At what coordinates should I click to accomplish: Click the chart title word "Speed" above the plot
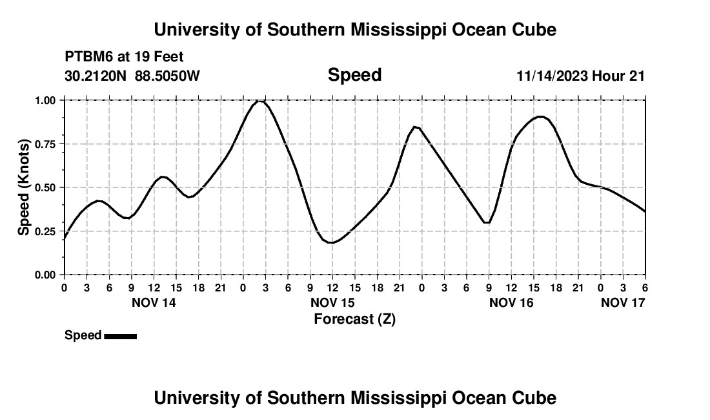point(354,75)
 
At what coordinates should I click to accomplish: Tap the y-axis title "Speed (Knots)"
point(24,187)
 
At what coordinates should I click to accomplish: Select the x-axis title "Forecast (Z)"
point(354,319)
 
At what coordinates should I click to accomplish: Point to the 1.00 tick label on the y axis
point(46,100)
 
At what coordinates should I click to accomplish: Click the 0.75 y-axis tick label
point(46,144)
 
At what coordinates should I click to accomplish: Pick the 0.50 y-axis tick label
point(46,187)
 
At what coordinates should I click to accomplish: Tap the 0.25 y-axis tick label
point(46,231)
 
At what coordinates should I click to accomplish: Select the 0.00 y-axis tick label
point(46,275)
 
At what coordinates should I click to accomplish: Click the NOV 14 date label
point(154,302)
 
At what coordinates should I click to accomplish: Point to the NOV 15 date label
point(332,302)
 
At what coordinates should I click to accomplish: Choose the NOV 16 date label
point(511,302)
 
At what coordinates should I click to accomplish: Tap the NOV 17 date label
point(623,302)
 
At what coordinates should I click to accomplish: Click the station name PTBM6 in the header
point(88,58)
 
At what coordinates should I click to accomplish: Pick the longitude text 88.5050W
point(168,76)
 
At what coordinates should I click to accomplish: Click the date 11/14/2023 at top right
point(552,76)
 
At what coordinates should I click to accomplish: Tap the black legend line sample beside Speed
point(120,336)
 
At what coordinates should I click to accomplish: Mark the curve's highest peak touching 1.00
point(259,101)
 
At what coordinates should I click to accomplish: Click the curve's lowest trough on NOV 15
point(331,242)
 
